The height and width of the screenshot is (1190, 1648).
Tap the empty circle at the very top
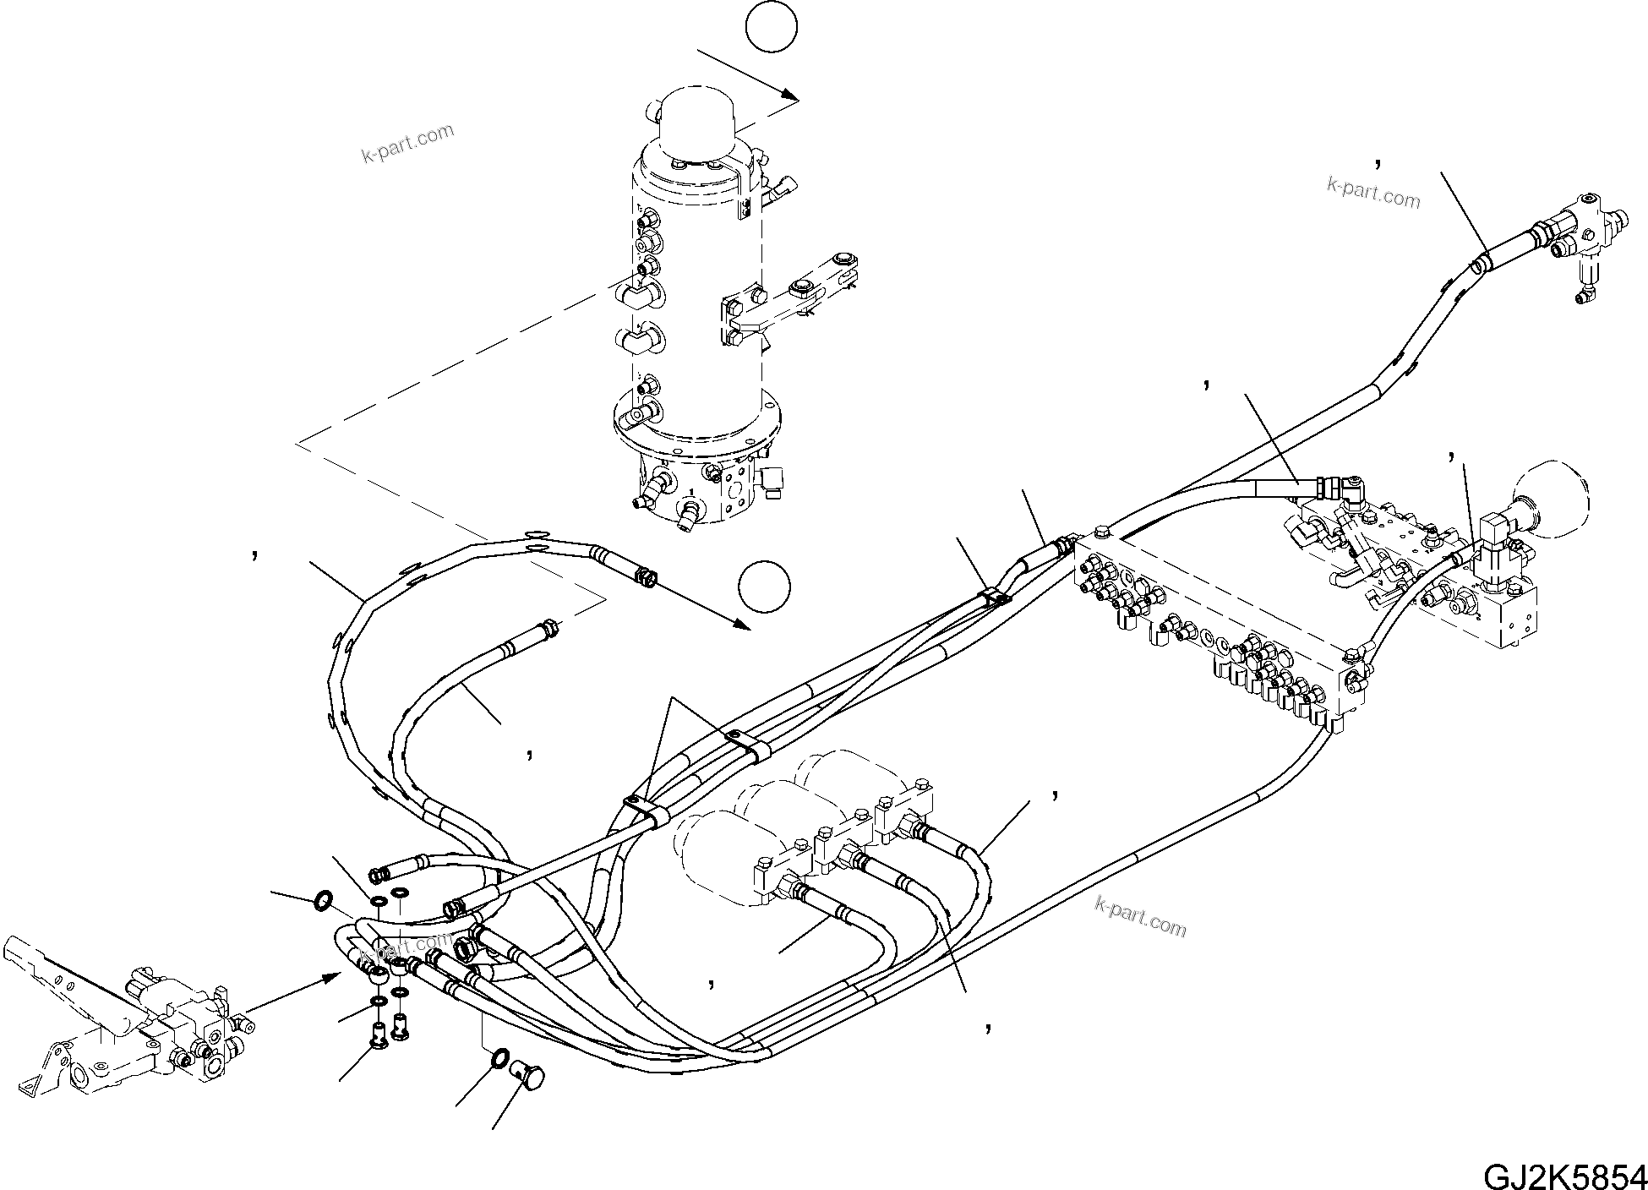[x=772, y=27]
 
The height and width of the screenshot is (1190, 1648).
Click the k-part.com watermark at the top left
[x=407, y=145]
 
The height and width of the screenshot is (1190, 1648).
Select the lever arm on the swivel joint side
[x=803, y=296]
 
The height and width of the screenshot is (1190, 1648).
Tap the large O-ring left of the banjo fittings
[x=322, y=901]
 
